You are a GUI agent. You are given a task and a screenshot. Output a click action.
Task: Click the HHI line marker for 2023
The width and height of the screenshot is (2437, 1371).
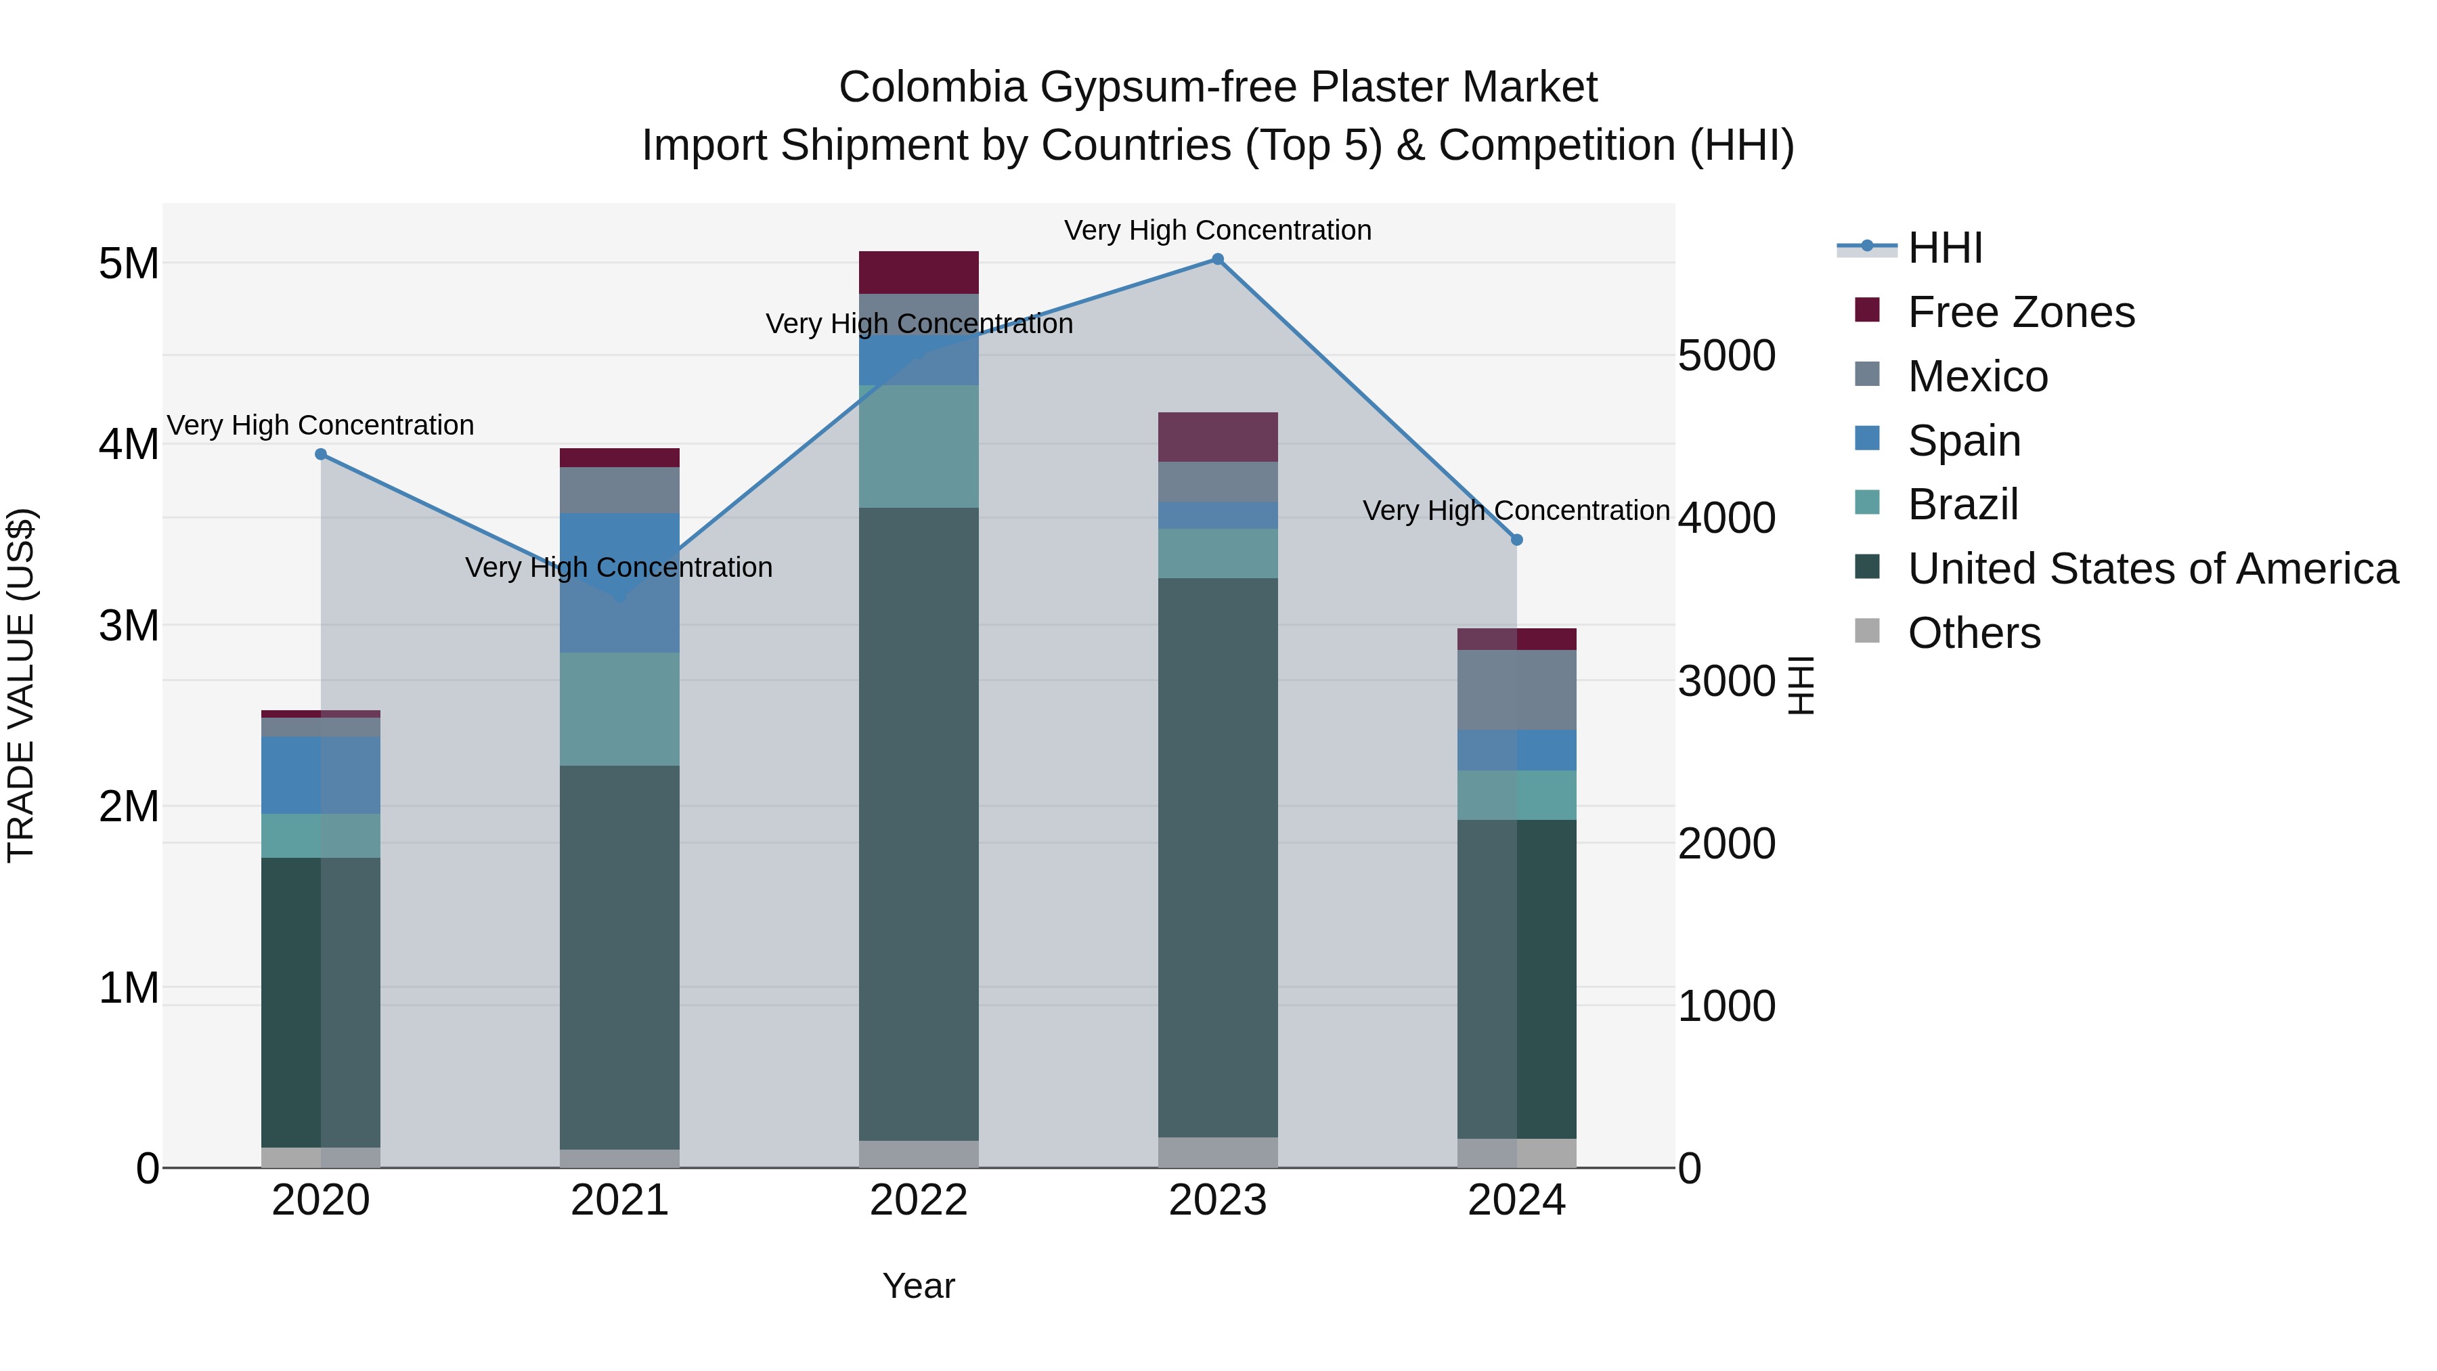1218,259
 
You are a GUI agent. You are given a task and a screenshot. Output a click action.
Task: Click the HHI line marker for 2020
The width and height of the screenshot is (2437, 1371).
321,454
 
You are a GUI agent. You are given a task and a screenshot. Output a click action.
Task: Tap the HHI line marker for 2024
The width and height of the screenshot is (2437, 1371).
1516,540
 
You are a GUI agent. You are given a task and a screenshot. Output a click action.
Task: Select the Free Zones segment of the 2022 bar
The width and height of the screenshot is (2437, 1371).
919,272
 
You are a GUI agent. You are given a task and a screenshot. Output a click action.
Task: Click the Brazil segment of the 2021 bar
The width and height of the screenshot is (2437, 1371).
619,709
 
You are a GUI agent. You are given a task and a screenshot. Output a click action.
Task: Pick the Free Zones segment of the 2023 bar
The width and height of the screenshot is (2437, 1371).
1218,437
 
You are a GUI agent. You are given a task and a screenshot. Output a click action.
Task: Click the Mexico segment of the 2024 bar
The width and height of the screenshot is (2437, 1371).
1516,690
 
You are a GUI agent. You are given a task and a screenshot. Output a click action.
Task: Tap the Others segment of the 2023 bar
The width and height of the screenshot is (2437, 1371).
1218,1152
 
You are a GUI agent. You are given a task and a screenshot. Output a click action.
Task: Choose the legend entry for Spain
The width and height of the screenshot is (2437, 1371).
1964,441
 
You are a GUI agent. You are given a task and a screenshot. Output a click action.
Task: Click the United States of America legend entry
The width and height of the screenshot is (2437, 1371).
2152,569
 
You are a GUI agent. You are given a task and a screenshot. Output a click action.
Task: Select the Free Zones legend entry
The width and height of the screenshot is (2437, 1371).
2021,312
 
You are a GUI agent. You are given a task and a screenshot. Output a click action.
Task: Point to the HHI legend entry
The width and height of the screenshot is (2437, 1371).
1945,248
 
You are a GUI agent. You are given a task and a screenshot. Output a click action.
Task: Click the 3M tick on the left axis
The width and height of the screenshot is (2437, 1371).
129,626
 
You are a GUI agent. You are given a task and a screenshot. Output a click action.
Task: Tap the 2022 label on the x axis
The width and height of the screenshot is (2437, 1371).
919,1200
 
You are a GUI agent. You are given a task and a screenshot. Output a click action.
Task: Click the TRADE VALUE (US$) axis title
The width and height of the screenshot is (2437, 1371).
21,685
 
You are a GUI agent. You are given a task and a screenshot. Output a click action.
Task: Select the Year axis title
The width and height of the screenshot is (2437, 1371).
919,1286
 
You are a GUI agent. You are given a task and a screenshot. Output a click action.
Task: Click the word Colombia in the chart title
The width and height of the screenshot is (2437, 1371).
932,87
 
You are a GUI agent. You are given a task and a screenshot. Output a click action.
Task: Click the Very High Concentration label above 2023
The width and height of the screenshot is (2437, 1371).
1218,230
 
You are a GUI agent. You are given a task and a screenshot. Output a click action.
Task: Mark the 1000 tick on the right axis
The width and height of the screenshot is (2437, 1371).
1726,1006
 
